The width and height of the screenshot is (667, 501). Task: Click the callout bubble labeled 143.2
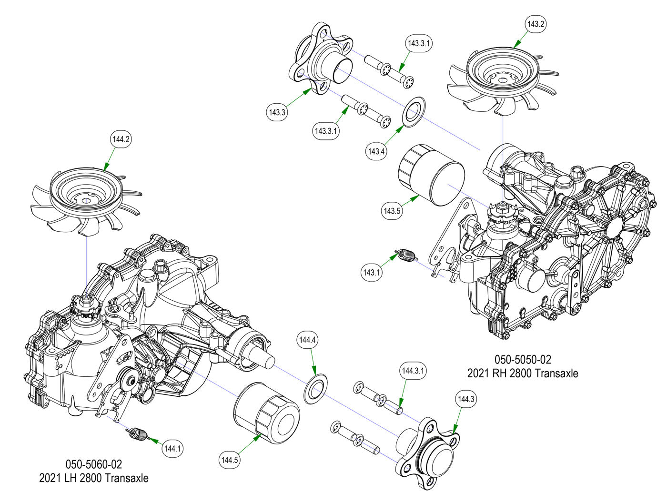point(536,24)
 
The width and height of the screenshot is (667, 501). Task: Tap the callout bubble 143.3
point(277,112)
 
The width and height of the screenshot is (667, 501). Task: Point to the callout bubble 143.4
point(376,151)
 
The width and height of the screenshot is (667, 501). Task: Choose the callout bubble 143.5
point(392,210)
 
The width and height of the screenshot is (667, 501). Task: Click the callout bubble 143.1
point(372,273)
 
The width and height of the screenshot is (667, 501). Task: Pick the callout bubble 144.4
point(307,340)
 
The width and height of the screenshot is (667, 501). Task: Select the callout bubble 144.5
point(230,460)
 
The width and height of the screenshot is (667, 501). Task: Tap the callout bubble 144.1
point(172,448)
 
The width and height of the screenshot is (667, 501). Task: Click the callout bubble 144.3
point(466,399)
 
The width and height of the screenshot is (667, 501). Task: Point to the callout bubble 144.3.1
point(414,370)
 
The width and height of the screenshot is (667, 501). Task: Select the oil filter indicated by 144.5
point(266,410)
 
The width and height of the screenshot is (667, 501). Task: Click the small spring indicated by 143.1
point(405,256)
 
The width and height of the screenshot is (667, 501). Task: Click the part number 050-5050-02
point(522,359)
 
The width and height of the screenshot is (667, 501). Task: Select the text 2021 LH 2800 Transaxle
point(93,478)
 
